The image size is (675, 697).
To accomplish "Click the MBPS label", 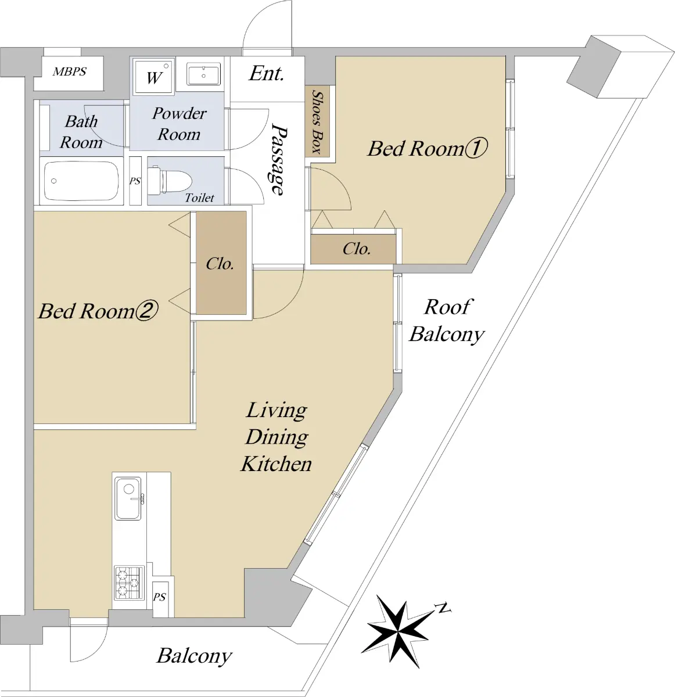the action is click(x=70, y=71).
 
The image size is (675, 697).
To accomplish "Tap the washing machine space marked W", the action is click(x=154, y=76).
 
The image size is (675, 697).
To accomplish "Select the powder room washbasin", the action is click(x=203, y=74).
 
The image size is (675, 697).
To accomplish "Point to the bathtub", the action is click(x=81, y=181).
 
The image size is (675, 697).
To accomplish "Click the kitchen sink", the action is click(x=128, y=498).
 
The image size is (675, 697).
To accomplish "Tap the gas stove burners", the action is click(x=129, y=583).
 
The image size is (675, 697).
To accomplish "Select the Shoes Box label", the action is click(x=317, y=122).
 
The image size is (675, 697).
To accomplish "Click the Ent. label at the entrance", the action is click(x=267, y=73).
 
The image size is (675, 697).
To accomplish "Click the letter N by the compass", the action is click(x=443, y=608).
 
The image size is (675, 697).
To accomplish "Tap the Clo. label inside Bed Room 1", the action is click(x=356, y=249).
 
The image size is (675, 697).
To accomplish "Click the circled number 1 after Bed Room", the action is click(x=476, y=148).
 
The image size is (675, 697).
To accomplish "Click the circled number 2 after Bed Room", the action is click(x=146, y=311).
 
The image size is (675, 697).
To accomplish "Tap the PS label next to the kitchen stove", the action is click(x=159, y=597).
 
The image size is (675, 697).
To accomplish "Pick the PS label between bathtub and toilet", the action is click(x=135, y=181).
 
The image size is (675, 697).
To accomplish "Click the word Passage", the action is click(x=279, y=160).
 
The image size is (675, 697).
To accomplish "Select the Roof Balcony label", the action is click(x=447, y=321).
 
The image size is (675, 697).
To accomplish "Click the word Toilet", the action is click(x=199, y=197).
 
